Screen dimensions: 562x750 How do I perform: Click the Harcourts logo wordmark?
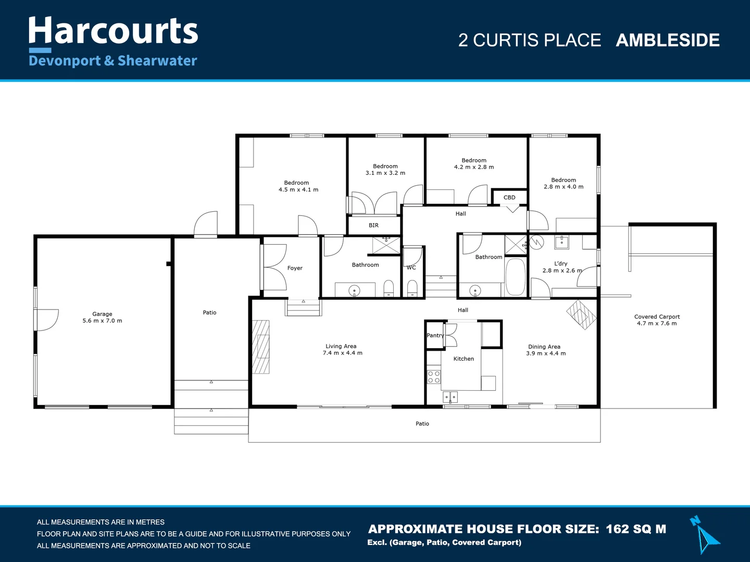(113, 31)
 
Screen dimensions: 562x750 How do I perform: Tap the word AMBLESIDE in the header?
(667, 41)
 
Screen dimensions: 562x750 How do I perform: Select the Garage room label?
(102, 314)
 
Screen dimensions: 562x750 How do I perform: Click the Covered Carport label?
(657, 316)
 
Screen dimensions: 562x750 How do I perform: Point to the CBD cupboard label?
(509, 198)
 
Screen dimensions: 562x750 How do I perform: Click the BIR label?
(373, 225)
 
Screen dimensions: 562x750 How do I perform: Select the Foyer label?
(295, 268)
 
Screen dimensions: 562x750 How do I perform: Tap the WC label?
(411, 268)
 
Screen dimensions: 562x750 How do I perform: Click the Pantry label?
(435, 336)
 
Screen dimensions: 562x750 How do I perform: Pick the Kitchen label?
(464, 359)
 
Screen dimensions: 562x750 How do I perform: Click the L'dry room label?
(561, 264)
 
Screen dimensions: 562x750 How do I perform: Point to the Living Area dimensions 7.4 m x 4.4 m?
(342, 353)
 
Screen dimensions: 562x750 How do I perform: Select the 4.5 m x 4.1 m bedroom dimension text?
(298, 190)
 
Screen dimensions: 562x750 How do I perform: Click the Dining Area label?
(544, 347)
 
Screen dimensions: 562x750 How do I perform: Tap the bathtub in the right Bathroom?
(516, 277)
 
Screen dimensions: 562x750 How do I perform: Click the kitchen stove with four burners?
(434, 377)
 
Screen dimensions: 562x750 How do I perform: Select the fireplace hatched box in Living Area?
(261, 347)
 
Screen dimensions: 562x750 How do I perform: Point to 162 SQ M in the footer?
(636, 529)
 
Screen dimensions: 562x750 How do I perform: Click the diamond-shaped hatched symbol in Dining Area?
(581, 314)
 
